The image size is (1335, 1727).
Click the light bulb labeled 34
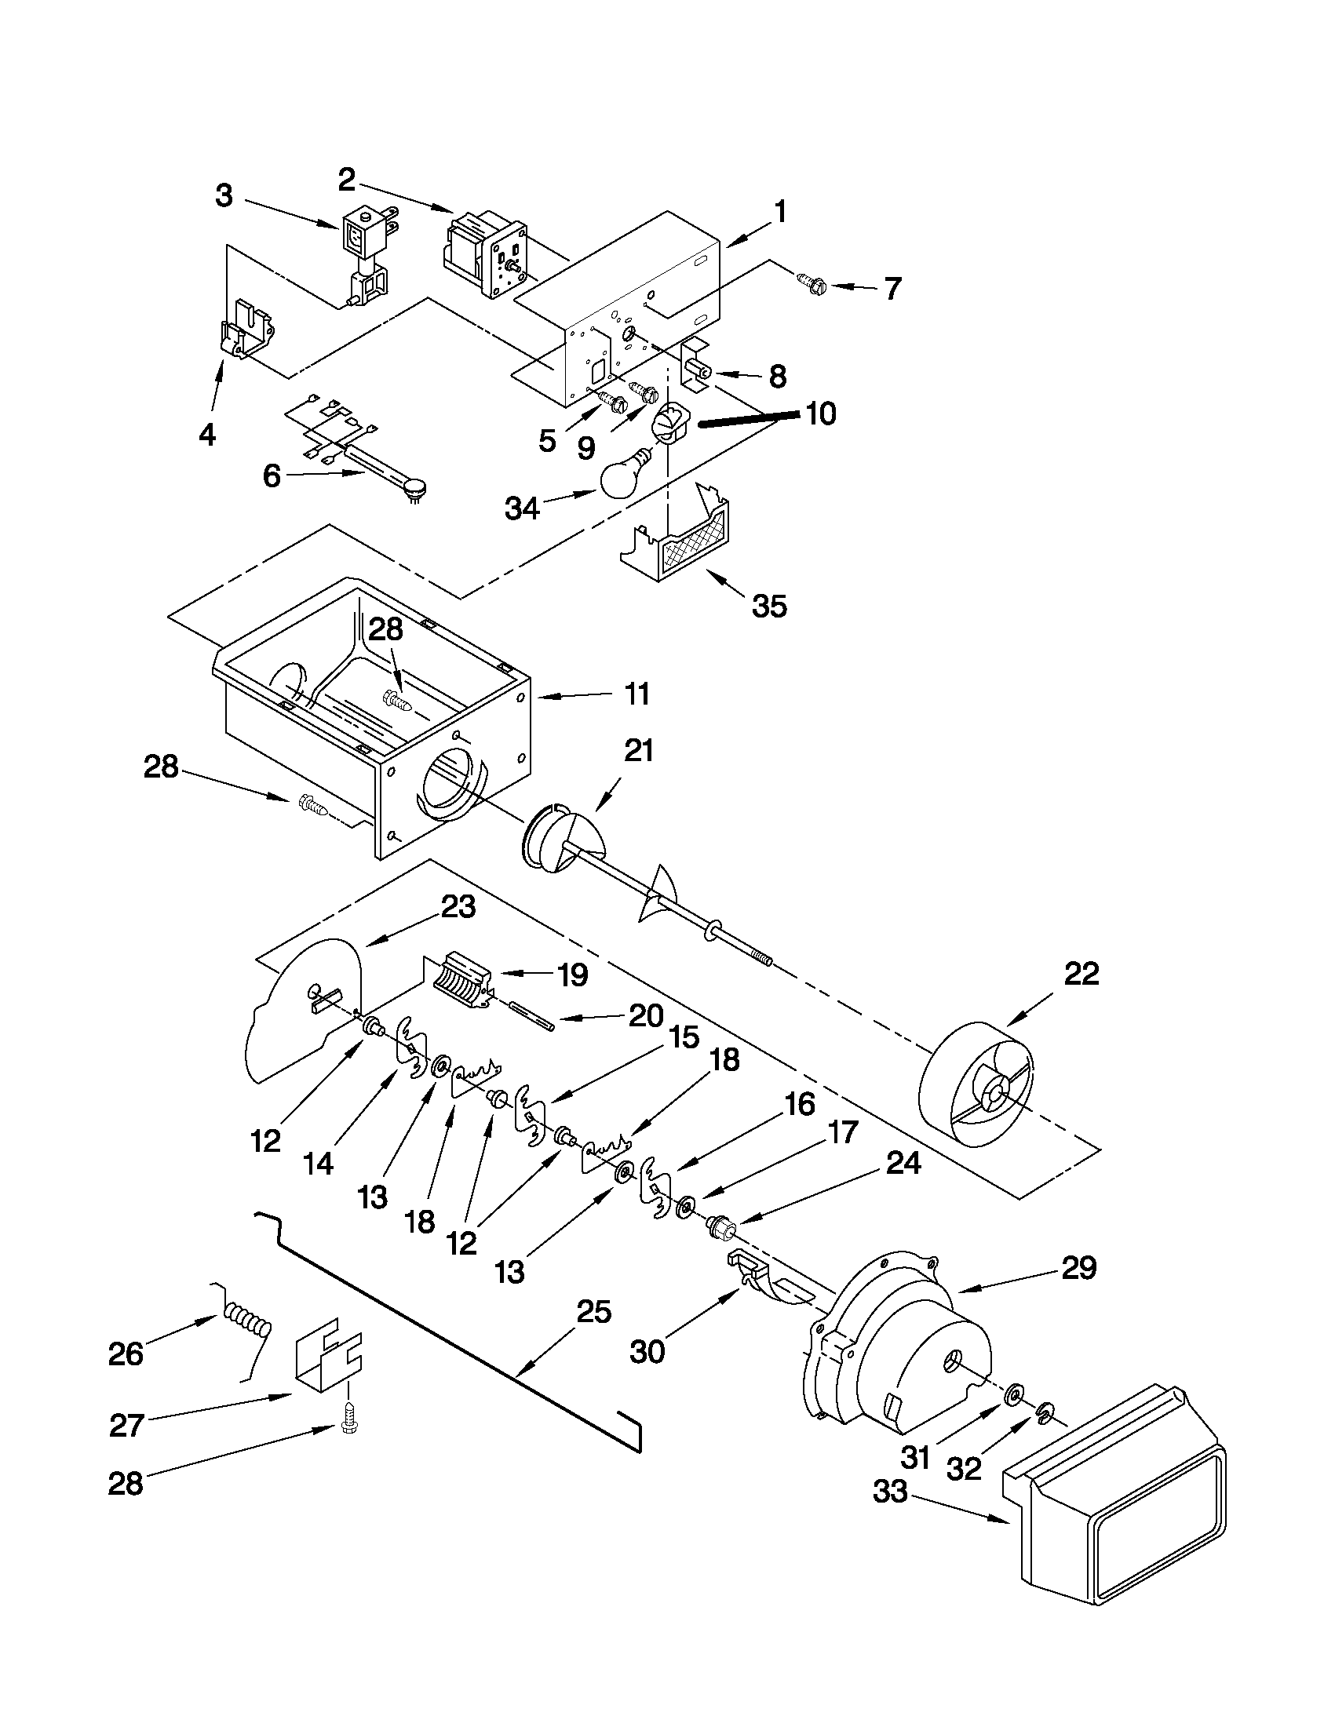point(624,477)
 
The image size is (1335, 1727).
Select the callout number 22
point(1081,975)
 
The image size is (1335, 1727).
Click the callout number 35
point(768,607)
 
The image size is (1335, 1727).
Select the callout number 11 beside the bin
point(636,694)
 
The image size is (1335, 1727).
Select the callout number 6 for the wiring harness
point(272,477)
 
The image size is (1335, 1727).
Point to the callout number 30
point(647,1351)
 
